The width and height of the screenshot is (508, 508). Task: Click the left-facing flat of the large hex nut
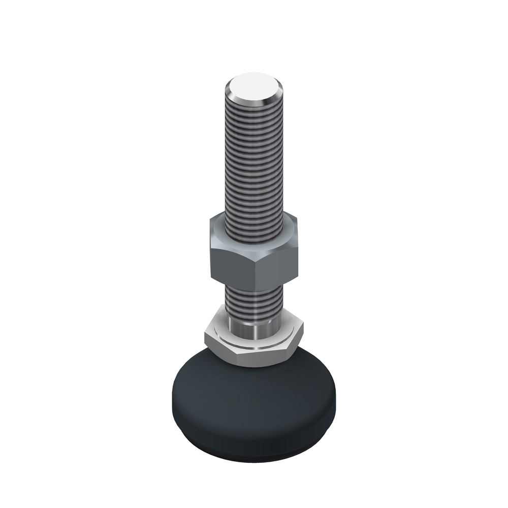click(231, 259)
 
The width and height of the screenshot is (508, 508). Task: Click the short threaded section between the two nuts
click(253, 300)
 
